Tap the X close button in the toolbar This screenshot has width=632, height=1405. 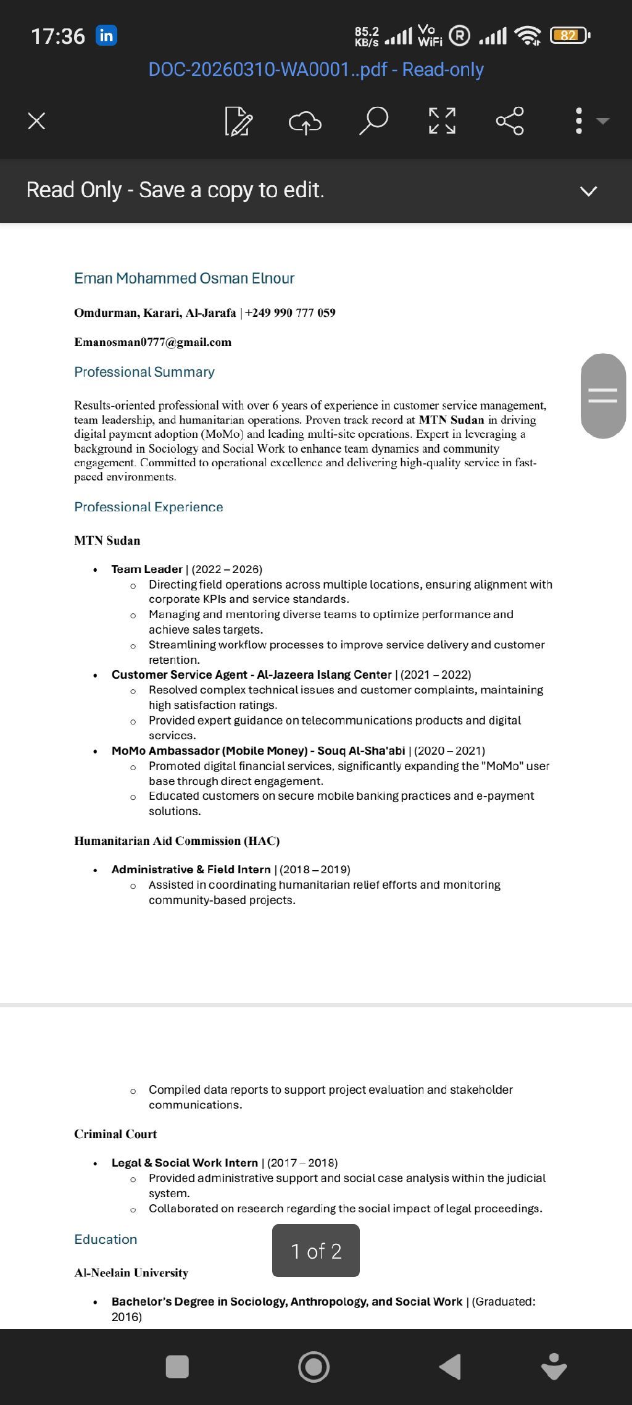click(x=37, y=120)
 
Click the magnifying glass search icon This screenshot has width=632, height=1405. click(x=373, y=120)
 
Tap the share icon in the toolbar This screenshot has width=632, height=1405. click(x=510, y=120)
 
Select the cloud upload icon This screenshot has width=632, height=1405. click(x=305, y=122)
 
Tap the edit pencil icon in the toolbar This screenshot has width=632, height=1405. click(x=238, y=121)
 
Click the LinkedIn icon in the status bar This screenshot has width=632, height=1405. click(x=106, y=36)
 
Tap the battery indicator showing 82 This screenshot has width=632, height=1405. click(x=569, y=36)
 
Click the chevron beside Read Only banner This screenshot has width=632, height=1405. click(x=589, y=191)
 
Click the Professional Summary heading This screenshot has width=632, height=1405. click(x=144, y=372)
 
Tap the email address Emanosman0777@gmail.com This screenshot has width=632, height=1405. click(x=153, y=342)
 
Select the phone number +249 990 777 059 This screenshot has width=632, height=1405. click(x=290, y=312)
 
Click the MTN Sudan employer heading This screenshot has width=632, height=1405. click(x=107, y=540)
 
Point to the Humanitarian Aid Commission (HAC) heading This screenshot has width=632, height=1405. click(x=177, y=841)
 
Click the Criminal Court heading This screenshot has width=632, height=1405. click(x=115, y=1134)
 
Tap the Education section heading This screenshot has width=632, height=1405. click(x=106, y=1239)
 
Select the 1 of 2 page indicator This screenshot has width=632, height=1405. click(x=316, y=1251)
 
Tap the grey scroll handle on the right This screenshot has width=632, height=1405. click(x=603, y=396)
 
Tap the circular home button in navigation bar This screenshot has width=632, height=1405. click(x=314, y=1367)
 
